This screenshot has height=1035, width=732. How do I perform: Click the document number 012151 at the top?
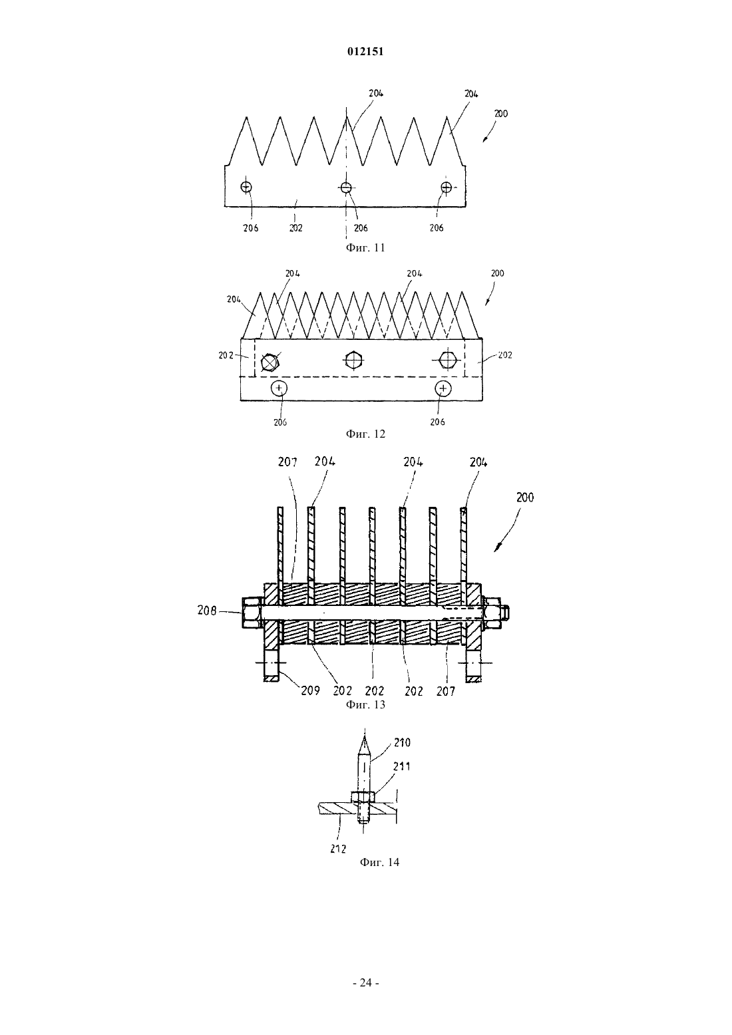tap(365, 52)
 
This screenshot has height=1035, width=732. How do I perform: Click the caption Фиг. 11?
tap(365, 247)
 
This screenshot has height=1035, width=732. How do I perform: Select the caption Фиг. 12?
tap(365, 434)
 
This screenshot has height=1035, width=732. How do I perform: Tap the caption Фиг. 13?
tap(365, 704)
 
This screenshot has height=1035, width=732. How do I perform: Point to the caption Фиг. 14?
tap(379, 862)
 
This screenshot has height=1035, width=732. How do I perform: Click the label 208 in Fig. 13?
tap(206, 611)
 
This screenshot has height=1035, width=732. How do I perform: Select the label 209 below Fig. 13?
tap(310, 690)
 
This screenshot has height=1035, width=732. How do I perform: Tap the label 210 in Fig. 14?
tap(402, 742)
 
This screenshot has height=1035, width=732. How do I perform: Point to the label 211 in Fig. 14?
tap(401, 766)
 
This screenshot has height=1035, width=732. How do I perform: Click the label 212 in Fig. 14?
tap(338, 849)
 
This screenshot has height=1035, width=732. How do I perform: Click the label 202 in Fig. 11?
tap(295, 227)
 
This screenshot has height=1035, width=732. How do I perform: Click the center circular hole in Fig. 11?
tap(346, 188)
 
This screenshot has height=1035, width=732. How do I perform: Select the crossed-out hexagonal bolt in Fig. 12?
tap(270, 362)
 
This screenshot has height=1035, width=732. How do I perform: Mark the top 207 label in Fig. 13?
tap(287, 462)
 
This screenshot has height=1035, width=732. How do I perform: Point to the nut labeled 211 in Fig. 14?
tap(364, 797)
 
